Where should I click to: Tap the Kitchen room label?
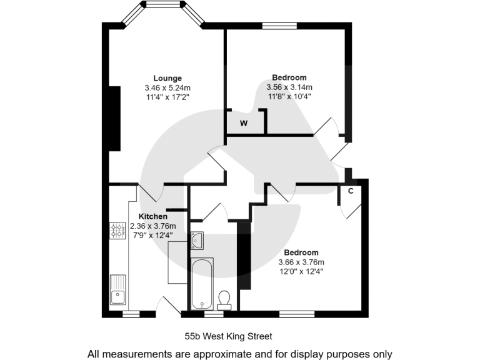pyautogui.click(x=152, y=216)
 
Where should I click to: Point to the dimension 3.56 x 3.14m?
pyautogui.click(x=289, y=87)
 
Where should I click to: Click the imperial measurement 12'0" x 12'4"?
pyautogui.click(x=301, y=271)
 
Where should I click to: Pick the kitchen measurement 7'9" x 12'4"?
pyautogui.click(x=152, y=235)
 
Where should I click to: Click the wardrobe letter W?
pyautogui.click(x=244, y=123)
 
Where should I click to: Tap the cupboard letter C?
pyautogui.click(x=351, y=191)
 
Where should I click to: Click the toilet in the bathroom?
pyautogui.click(x=225, y=299)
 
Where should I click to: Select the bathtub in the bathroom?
pyautogui.click(x=202, y=284)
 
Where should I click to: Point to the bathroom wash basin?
pyautogui.click(x=197, y=240)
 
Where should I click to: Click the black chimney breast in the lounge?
pyautogui.click(x=114, y=118)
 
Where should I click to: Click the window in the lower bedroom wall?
pyautogui.click(x=297, y=313)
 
